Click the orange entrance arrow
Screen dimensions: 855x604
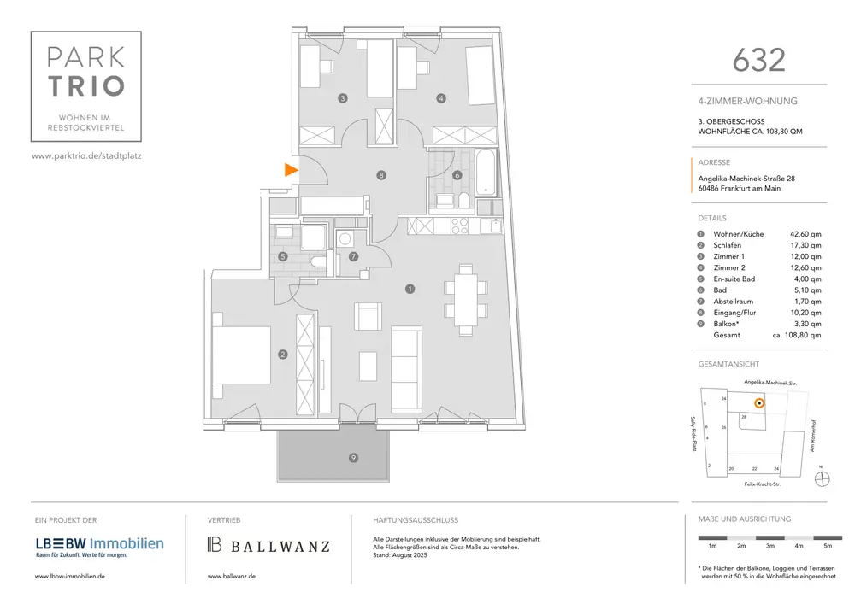coord(291,170)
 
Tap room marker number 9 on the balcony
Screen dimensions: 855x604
coord(353,458)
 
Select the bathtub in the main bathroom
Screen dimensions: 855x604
coord(485,170)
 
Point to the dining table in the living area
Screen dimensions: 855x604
coord(466,298)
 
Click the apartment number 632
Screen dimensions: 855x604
coord(758,59)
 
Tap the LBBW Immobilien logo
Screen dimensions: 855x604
coord(99,544)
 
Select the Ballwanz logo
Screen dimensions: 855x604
coord(268,545)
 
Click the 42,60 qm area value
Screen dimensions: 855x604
coord(805,234)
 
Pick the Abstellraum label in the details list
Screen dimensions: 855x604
coord(734,302)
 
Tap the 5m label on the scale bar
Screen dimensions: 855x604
coord(826,545)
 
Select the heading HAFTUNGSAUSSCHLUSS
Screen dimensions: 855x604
coord(416,519)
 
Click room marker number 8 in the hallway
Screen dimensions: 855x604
coord(381,175)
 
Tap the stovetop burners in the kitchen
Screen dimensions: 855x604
coord(457,226)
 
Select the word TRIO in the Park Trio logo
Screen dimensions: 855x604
coord(86,85)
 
